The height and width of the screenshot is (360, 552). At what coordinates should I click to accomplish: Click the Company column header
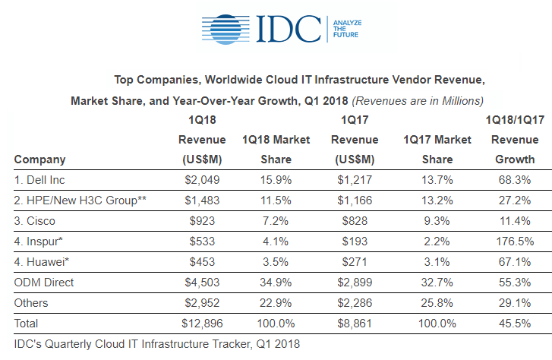click(x=39, y=159)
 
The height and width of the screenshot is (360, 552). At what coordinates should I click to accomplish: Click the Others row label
click(x=31, y=303)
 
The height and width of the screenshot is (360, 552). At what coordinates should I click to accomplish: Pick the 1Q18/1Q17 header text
click(x=513, y=119)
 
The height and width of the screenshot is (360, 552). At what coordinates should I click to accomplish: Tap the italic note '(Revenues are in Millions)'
click(x=418, y=100)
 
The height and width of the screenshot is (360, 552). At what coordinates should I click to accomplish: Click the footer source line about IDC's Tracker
click(x=157, y=344)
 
